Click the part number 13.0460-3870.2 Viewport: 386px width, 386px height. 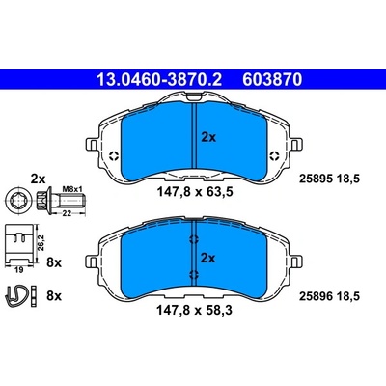159,79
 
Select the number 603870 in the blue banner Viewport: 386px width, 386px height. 272,79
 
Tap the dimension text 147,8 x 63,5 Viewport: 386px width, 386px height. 195,192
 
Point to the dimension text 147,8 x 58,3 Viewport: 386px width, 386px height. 194,311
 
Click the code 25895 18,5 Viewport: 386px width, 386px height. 329,179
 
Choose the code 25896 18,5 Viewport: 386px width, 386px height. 329,296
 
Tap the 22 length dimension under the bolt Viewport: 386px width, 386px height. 67,213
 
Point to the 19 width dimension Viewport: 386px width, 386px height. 19,270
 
